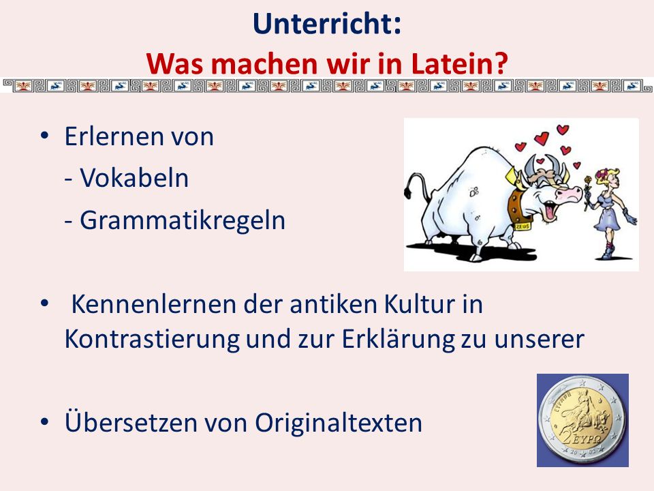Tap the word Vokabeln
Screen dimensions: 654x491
(x=134, y=178)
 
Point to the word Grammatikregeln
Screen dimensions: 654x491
(x=183, y=220)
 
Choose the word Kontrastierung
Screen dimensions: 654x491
(x=152, y=339)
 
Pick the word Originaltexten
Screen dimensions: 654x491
(x=339, y=422)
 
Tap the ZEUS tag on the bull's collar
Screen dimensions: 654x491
(x=523, y=226)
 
